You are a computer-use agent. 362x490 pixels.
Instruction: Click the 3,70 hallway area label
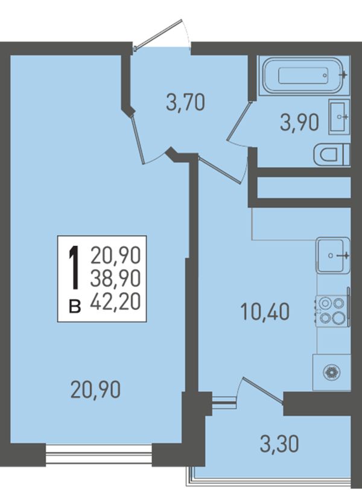(186, 103)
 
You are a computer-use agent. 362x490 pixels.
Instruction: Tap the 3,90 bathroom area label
(300, 122)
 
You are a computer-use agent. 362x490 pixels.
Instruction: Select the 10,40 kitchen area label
(265, 312)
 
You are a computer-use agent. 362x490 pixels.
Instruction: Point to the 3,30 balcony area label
(279, 443)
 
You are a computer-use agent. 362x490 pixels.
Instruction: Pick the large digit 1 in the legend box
(74, 267)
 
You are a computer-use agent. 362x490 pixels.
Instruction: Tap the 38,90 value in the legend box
(115, 279)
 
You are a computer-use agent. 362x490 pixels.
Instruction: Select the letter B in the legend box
(75, 306)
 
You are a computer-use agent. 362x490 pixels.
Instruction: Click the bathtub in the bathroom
(303, 76)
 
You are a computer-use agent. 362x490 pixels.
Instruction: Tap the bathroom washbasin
(339, 117)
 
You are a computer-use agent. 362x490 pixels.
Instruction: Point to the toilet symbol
(331, 155)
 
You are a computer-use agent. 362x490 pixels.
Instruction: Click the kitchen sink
(333, 256)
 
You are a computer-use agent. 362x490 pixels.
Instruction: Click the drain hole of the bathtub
(325, 76)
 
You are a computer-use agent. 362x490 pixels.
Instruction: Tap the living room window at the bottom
(99, 454)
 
